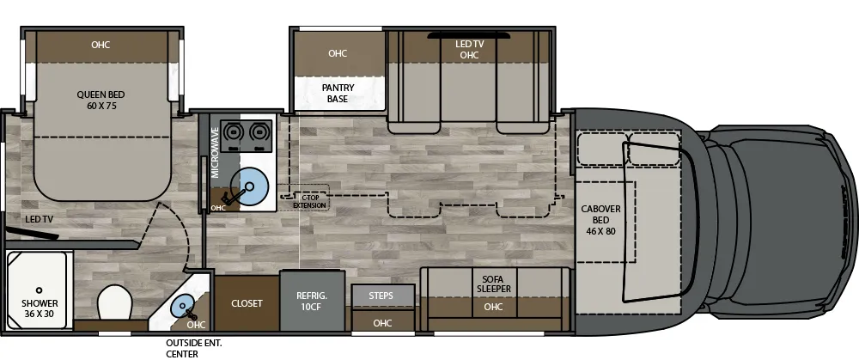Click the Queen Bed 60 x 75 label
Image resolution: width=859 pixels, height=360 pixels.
point(101,101)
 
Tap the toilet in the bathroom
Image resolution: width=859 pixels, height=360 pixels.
point(114,303)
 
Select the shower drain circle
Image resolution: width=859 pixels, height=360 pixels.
point(40,290)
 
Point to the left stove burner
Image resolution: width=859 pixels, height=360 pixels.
point(231,132)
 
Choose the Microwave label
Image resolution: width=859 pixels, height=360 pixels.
point(215,154)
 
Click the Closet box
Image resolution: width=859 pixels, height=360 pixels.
point(247,303)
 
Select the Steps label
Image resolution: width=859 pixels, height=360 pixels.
point(381,296)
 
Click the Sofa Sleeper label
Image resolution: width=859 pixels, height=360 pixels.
point(493,284)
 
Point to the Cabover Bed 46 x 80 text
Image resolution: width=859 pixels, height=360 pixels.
point(601,219)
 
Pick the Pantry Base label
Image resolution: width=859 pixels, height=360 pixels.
point(338,93)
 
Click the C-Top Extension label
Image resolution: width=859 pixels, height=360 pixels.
point(309,202)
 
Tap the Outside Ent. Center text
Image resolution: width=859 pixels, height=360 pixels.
point(194,348)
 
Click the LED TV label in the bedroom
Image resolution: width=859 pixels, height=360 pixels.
point(40,219)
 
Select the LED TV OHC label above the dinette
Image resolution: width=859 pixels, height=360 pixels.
point(468,50)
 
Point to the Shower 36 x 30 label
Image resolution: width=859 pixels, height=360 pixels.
point(40,308)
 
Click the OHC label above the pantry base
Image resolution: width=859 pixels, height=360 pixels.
point(338,53)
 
